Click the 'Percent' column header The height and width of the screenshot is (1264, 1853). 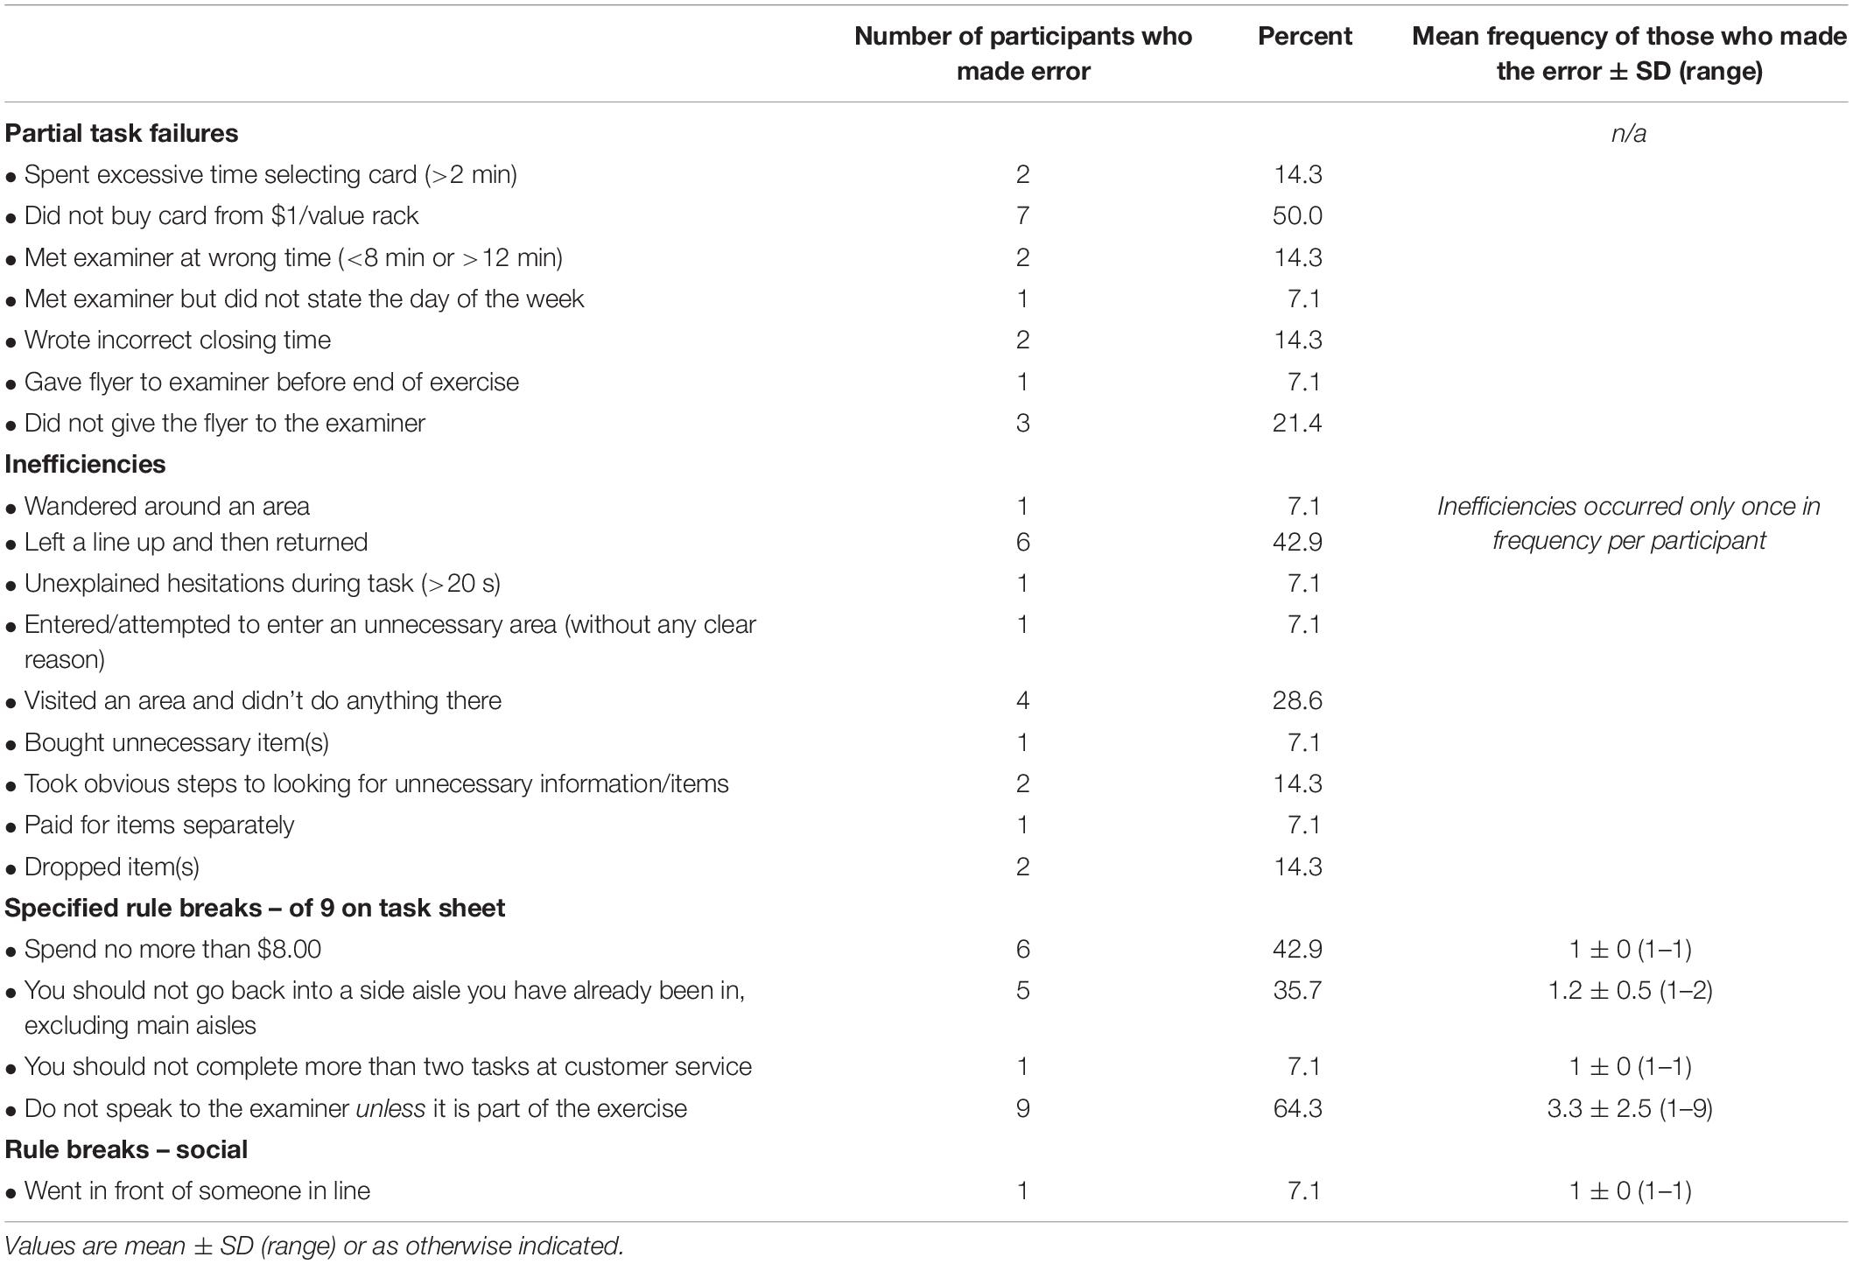[1304, 36]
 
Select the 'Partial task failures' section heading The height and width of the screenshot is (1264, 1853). [122, 133]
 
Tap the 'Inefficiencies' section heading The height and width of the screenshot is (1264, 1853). [85, 464]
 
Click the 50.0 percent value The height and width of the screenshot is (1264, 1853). [1297, 216]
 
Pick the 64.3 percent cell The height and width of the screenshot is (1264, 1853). [1297, 1108]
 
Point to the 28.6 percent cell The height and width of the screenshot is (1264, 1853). [1297, 700]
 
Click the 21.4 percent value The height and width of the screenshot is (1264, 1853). [1297, 423]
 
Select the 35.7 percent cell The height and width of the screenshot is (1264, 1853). [1297, 990]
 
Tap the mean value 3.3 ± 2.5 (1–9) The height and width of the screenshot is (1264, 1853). [1629, 1108]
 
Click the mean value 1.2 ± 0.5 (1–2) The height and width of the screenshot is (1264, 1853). [1629, 990]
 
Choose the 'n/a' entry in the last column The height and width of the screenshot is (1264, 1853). [1629, 133]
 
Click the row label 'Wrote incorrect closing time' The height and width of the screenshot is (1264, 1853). [178, 340]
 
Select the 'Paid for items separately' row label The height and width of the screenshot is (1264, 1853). [159, 825]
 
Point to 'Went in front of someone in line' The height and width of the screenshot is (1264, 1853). [197, 1190]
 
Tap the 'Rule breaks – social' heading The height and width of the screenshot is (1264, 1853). [126, 1149]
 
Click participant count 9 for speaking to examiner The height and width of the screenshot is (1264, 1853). [1022, 1108]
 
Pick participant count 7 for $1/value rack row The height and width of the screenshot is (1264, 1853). [1022, 216]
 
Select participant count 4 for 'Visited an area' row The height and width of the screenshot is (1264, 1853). [1022, 700]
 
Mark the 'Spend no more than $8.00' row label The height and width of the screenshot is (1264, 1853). [172, 949]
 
